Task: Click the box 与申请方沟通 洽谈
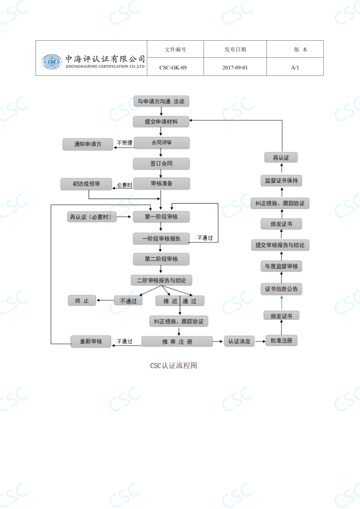(161, 102)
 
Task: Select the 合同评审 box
(161, 143)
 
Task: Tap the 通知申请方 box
(88, 144)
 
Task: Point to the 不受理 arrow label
(124, 143)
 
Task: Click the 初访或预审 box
(86, 184)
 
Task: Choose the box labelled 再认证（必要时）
(92, 217)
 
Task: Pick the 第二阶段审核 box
(161, 259)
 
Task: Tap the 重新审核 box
(91, 341)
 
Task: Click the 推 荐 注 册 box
(177, 341)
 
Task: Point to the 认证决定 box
(239, 341)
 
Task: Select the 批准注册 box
(281, 341)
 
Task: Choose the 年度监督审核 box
(281, 267)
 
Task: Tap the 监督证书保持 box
(281, 181)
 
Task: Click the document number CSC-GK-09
(173, 67)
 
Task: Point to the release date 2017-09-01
(235, 67)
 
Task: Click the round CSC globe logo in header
(52, 62)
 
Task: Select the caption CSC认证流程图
(173, 366)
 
